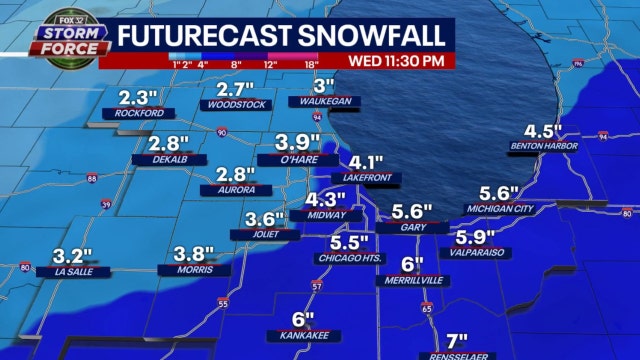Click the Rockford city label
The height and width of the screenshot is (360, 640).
[139, 114]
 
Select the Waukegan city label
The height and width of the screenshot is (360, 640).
[322, 101]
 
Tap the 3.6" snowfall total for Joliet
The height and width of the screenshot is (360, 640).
[266, 219]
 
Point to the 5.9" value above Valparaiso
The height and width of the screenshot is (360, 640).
[476, 237]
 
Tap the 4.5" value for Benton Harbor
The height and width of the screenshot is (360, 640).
[545, 131]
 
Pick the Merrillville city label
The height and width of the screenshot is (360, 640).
[411, 281]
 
